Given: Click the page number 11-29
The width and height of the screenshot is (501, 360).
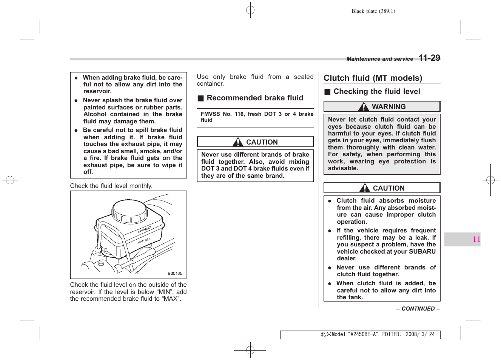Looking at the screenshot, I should pyautogui.click(x=429, y=58).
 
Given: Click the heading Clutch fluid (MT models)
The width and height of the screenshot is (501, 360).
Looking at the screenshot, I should pyautogui.click(x=373, y=78).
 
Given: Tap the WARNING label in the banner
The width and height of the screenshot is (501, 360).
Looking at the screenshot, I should pyautogui.click(x=388, y=107).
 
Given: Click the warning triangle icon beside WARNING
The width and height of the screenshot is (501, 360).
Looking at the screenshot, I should pyautogui.click(x=364, y=107).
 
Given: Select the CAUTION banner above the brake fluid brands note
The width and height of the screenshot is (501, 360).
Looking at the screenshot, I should pyautogui.click(x=255, y=142).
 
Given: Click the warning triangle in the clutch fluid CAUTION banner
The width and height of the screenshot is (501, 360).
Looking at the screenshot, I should pyautogui.click(x=365, y=188).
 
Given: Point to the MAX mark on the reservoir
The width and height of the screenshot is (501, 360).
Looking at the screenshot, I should pyautogui.click(x=148, y=228).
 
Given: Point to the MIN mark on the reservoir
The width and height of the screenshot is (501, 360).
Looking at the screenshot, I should pyautogui.click(x=148, y=239).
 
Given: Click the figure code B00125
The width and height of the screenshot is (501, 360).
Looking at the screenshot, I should pyautogui.click(x=175, y=273).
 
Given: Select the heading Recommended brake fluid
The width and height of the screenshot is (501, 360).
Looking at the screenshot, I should pyautogui.click(x=255, y=98).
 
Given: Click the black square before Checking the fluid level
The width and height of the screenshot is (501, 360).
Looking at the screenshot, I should pyautogui.click(x=327, y=92).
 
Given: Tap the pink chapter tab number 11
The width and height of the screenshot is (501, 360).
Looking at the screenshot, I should pyautogui.click(x=476, y=239).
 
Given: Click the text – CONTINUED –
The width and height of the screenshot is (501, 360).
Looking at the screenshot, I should pyautogui.click(x=418, y=309).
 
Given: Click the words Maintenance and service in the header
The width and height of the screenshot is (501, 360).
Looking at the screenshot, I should pyautogui.click(x=379, y=59).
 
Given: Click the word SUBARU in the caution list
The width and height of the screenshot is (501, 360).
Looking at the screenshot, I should pyautogui.click(x=422, y=251).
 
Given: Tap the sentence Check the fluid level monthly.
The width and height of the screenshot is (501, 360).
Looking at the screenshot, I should pyautogui.click(x=111, y=186).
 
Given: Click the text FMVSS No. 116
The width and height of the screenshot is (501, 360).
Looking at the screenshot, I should pyautogui.click(x=222, y=114).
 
